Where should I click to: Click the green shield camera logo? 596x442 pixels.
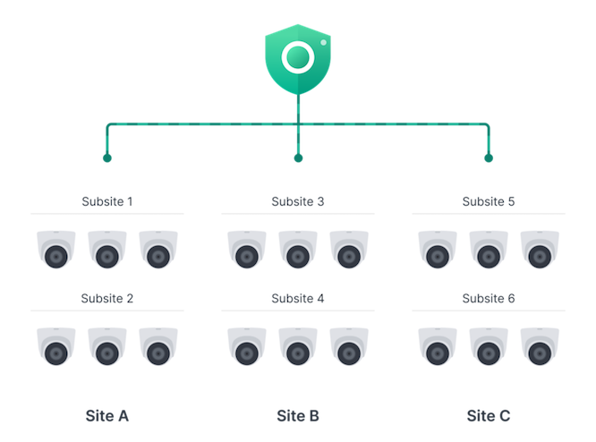[x=298, y=59]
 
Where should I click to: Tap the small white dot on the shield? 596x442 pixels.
[x=323, y=43]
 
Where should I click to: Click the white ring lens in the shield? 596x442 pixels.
[x=298, y=57]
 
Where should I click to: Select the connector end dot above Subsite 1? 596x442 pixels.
[x=107, y=158]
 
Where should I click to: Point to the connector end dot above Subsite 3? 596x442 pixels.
[x=298, y=158]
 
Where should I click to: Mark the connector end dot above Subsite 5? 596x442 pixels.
[x=489, y=158]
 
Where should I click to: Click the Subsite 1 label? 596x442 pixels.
[x=107, y=201]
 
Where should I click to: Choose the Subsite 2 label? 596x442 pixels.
[x=107, y=298]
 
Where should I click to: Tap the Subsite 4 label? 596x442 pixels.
[x=298, y=298]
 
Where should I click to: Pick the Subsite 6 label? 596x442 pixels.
[x=489, y=298]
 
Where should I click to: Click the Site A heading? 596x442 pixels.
[x=107, y=416]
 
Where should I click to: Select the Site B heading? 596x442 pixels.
[x=298, y=416]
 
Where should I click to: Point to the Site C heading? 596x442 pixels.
[x=489, y=416]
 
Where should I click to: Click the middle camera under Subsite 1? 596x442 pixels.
[x=107, y=250]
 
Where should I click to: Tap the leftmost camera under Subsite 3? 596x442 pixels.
[x=247, y=250]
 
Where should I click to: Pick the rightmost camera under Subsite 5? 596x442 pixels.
[x=540, y=250]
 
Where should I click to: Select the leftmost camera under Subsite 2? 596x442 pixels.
[x=56, y=346]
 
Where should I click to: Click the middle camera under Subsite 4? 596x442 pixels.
[x=298, y=346]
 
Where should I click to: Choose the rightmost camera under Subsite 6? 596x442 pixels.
[x=540, y=346]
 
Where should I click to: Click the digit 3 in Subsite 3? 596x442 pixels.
[x=320, y=201]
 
